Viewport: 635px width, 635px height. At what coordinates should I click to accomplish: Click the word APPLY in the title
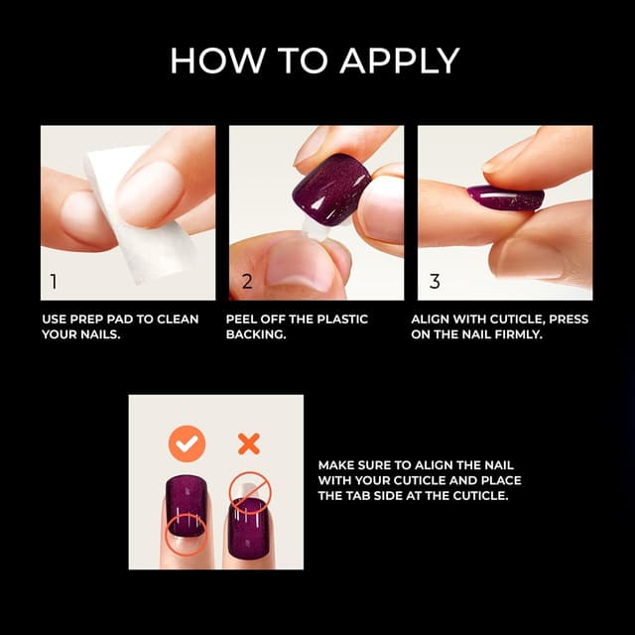click(400, 61)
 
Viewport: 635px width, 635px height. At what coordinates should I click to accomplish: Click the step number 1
click(54, 282)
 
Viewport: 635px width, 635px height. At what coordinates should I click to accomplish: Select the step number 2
click(247, 282)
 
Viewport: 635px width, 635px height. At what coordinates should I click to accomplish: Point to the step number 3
click(435, 282)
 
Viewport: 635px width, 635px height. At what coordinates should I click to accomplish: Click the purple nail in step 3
click(505, 197)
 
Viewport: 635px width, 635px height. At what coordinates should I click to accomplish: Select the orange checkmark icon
click(186, 444)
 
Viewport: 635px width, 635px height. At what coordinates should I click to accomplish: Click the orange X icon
click(248, 444)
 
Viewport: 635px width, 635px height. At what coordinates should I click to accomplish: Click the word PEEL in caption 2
click(243, 318)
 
